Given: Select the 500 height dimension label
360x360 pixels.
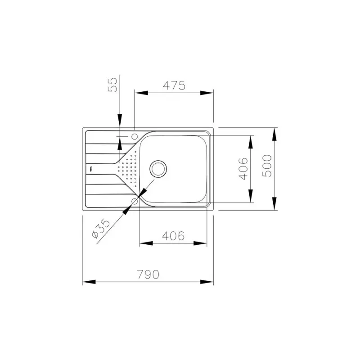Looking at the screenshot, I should pyautogui.click(x=267, y=165).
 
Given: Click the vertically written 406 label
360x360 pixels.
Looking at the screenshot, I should pyautogui.click(x=243, y=169).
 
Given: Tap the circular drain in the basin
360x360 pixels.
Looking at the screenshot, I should pyautogui.click(x=158, y=168).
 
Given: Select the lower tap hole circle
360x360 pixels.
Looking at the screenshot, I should pyautogui.click(x=135, y=201).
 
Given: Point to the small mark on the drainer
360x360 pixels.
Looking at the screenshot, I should pyautogui.click(x=90, y=169).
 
